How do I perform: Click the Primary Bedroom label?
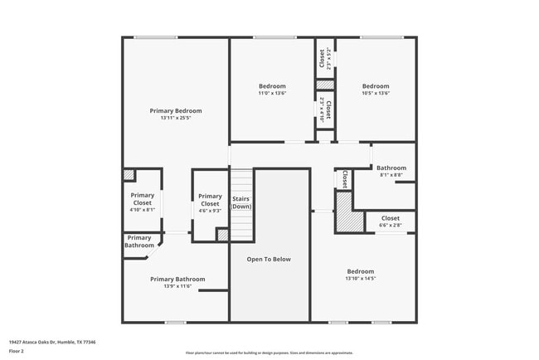tap(175, 110)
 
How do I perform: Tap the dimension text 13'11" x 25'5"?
tap(175, 118)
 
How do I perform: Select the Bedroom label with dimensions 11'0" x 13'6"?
tap(272, 86)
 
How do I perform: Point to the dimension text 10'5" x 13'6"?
tap(375, 93)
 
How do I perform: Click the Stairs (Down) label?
tap(240, 202)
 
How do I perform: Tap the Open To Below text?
tap(269, 260)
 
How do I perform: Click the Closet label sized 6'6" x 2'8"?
tap(390, 218)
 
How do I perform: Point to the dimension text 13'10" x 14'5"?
tap(360, 279)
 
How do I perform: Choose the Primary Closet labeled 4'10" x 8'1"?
tap(142, 199)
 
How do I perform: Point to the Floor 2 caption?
tap(17, 351)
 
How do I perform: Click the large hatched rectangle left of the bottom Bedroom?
tap(343, 211)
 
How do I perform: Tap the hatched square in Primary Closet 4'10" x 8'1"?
tap(129, 175)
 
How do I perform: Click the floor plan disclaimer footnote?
tap(269, 352)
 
